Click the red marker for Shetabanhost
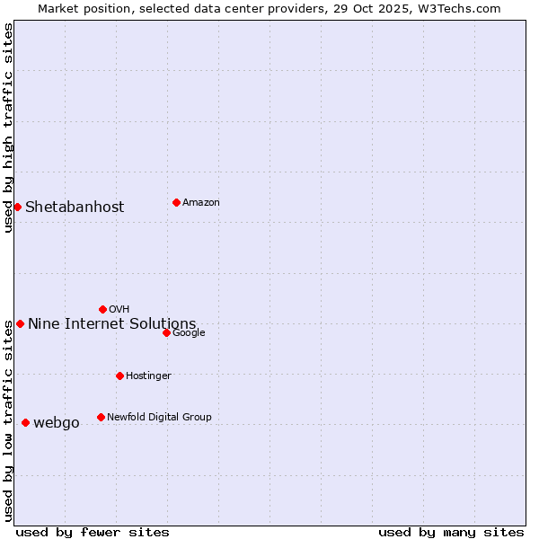17,207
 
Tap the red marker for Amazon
176,202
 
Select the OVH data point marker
102,309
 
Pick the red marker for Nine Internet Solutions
20,323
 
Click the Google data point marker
166,332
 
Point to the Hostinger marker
119,376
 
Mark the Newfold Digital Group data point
101,417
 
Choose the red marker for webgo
25,422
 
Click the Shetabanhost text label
75,208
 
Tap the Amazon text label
201,203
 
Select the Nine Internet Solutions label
111,324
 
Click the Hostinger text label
148,376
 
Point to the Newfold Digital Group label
159,417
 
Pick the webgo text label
57,423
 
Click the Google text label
189,333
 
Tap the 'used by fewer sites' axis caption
93,532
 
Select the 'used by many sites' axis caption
451,532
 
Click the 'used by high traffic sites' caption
8,128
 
